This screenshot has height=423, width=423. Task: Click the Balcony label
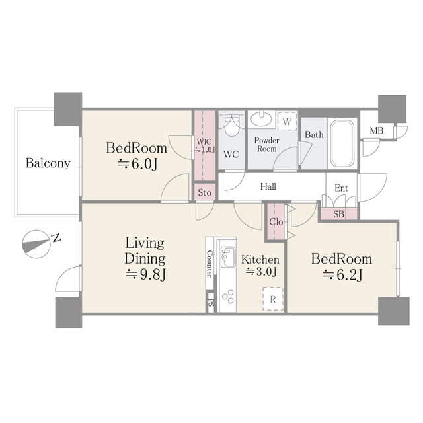point(48,163)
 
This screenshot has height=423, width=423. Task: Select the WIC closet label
point(204,145)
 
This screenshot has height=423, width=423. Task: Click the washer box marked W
point(287,121)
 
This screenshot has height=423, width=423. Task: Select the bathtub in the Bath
point(342,143)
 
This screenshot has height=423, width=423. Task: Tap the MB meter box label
point(376,131)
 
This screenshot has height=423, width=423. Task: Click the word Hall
point(268,187)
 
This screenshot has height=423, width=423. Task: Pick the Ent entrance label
point(341,188)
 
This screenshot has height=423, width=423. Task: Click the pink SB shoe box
point(338,213)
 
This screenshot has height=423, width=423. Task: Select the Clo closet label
point(276,222)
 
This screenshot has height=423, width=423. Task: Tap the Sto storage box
point(204,192)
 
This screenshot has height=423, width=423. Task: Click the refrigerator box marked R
point(273,299)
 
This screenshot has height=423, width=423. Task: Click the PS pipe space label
point(211,303)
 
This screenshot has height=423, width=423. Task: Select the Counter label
point(210,264)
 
